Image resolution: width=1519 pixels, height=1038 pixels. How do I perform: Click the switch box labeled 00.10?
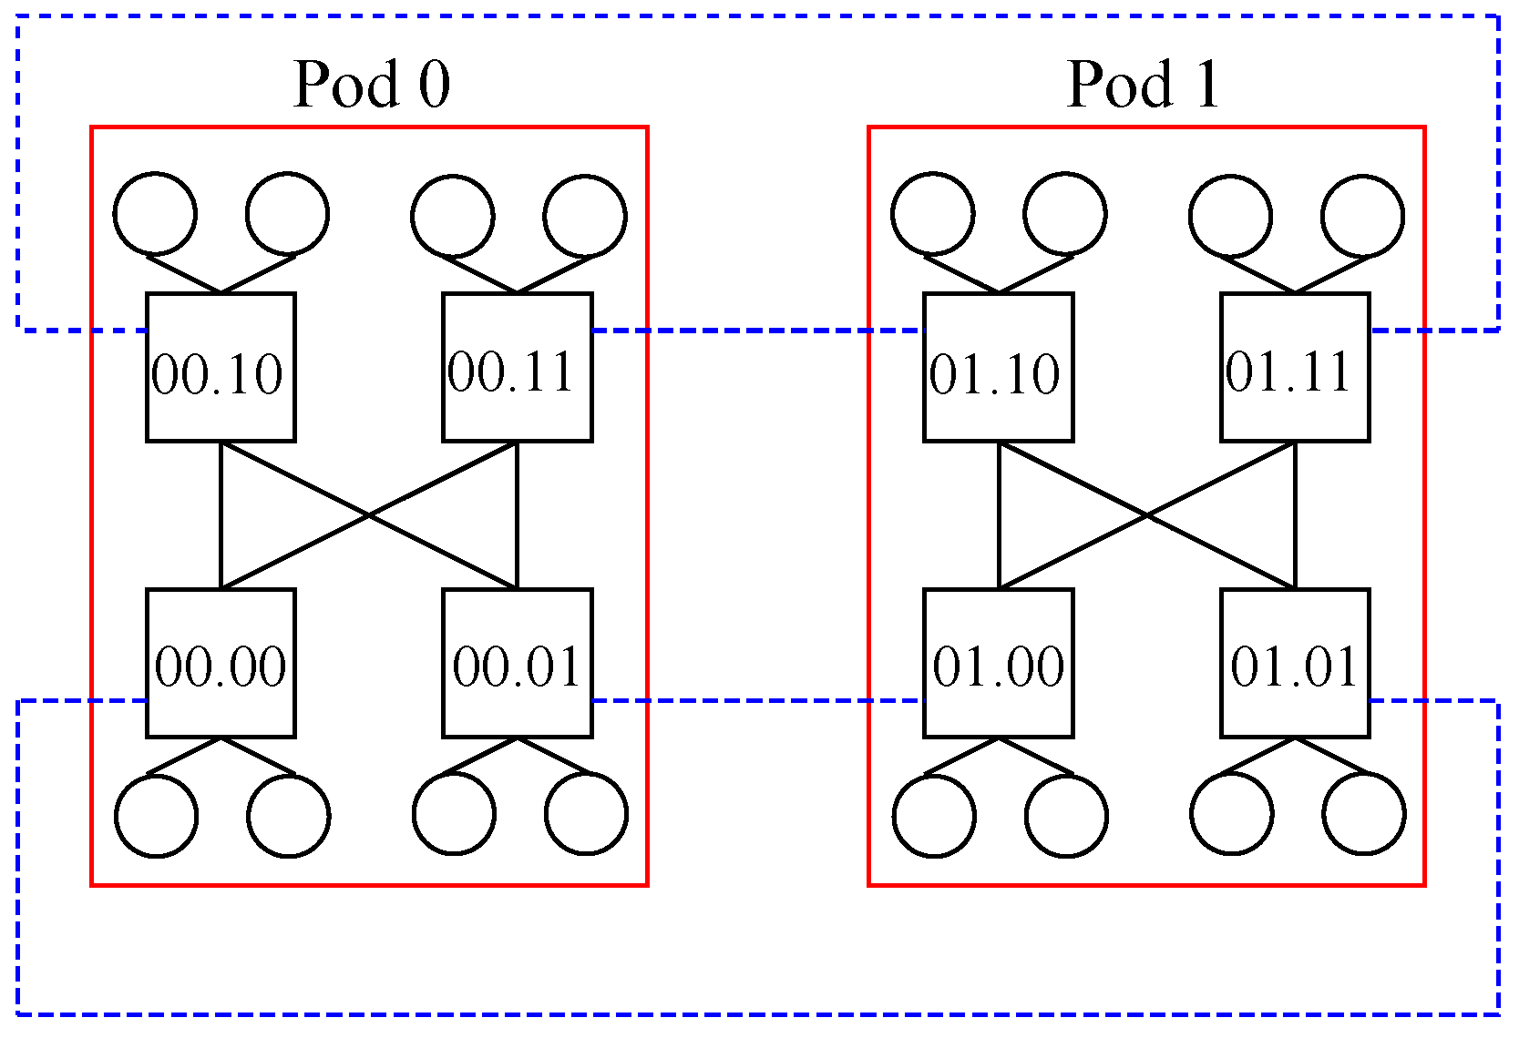coord(221,367)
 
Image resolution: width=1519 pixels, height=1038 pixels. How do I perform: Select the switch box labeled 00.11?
coord(517,367)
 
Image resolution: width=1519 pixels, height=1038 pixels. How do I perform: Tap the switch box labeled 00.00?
coord(221,663)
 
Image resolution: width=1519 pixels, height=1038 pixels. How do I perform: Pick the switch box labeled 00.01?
coord(517,663)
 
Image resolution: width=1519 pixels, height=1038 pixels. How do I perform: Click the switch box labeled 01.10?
coord(998,367)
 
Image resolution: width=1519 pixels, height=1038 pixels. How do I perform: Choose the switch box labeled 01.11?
coord(1295,367)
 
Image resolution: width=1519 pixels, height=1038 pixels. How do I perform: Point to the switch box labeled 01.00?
coord(998,663)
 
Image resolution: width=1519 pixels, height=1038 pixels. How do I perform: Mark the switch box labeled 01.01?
coord(1295,663)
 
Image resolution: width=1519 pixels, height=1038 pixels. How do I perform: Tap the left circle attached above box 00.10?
coord(155,213)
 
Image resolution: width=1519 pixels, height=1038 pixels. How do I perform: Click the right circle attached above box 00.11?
coord(585,217)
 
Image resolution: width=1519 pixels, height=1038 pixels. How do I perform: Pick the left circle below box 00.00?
coord(156,816)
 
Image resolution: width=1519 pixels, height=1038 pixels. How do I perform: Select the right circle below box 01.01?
coord(1364,814)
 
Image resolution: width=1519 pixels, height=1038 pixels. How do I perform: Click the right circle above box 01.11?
coord(1363,217)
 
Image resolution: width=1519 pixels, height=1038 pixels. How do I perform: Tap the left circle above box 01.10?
coord(933,213)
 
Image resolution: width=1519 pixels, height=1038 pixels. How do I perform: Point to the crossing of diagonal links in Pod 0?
coord(369,515)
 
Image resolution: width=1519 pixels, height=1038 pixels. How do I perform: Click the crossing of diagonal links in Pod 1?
coord(1146,515)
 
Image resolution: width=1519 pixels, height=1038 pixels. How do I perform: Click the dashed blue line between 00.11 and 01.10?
coord(756,331)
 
